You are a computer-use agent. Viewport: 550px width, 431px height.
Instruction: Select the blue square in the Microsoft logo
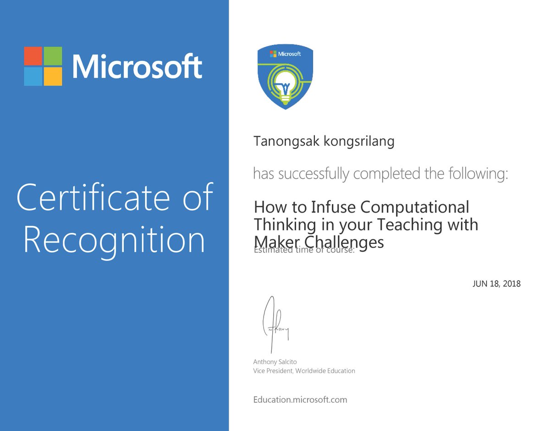pos(33,76)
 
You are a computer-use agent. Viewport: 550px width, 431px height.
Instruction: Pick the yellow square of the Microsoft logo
pos(53,76)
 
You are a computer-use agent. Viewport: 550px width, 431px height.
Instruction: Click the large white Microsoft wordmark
pos(137,67)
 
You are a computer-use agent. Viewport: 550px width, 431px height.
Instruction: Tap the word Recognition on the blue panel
pos(114,240)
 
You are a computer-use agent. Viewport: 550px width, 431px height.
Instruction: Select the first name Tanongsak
pos(286,142)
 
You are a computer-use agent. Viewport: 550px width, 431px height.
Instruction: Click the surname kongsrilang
pos(359,142)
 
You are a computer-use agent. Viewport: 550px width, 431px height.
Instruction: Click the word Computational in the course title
pos(415,207)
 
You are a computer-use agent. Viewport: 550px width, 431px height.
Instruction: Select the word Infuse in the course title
pos(333,207)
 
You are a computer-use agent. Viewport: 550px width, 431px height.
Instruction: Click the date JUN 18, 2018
pos(496,284)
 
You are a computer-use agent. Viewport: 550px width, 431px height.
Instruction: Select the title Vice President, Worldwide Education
pos(304,370)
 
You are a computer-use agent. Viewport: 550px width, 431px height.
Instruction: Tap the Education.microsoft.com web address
pos(300,399)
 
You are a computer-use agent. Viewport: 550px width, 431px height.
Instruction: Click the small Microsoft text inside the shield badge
pos(289,54)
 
